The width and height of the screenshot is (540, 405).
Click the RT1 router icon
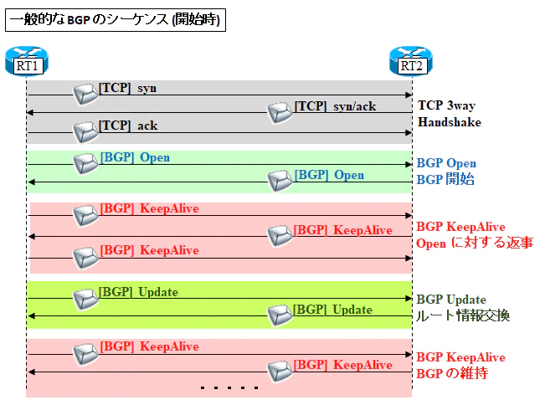coord(27,61)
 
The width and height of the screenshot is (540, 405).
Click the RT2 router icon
coord(411,61)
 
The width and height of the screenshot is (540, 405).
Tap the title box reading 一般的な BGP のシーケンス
coord(116,20)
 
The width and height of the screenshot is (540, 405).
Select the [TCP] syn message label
coord(127,88)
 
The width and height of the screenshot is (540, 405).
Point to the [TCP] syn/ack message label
coord(335,106)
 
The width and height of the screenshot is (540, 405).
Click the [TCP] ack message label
coord(128,126)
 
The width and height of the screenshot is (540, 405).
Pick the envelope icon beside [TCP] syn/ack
coord(280,112)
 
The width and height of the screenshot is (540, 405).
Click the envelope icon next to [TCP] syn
coord(85,94)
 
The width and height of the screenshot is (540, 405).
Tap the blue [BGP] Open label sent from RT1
coord(135,157)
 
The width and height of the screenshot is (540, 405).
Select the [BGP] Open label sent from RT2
coord(329,175)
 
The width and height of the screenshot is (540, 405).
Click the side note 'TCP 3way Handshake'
coord(450,114)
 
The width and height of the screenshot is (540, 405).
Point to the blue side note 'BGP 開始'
coord(445,179)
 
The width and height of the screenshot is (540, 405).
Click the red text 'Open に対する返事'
coord(475,243)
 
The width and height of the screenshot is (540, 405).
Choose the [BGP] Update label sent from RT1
coord(138,292)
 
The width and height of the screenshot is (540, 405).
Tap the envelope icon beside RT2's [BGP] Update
coord(280,315)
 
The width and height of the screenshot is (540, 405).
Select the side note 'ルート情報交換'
coord(463,315)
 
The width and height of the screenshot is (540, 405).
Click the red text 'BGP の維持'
coord(452,373)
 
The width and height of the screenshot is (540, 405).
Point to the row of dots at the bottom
coord(229,387)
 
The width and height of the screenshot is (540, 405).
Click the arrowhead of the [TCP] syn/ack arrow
coord(30,112)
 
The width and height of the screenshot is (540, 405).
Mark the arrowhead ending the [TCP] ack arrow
coord(409,133)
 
